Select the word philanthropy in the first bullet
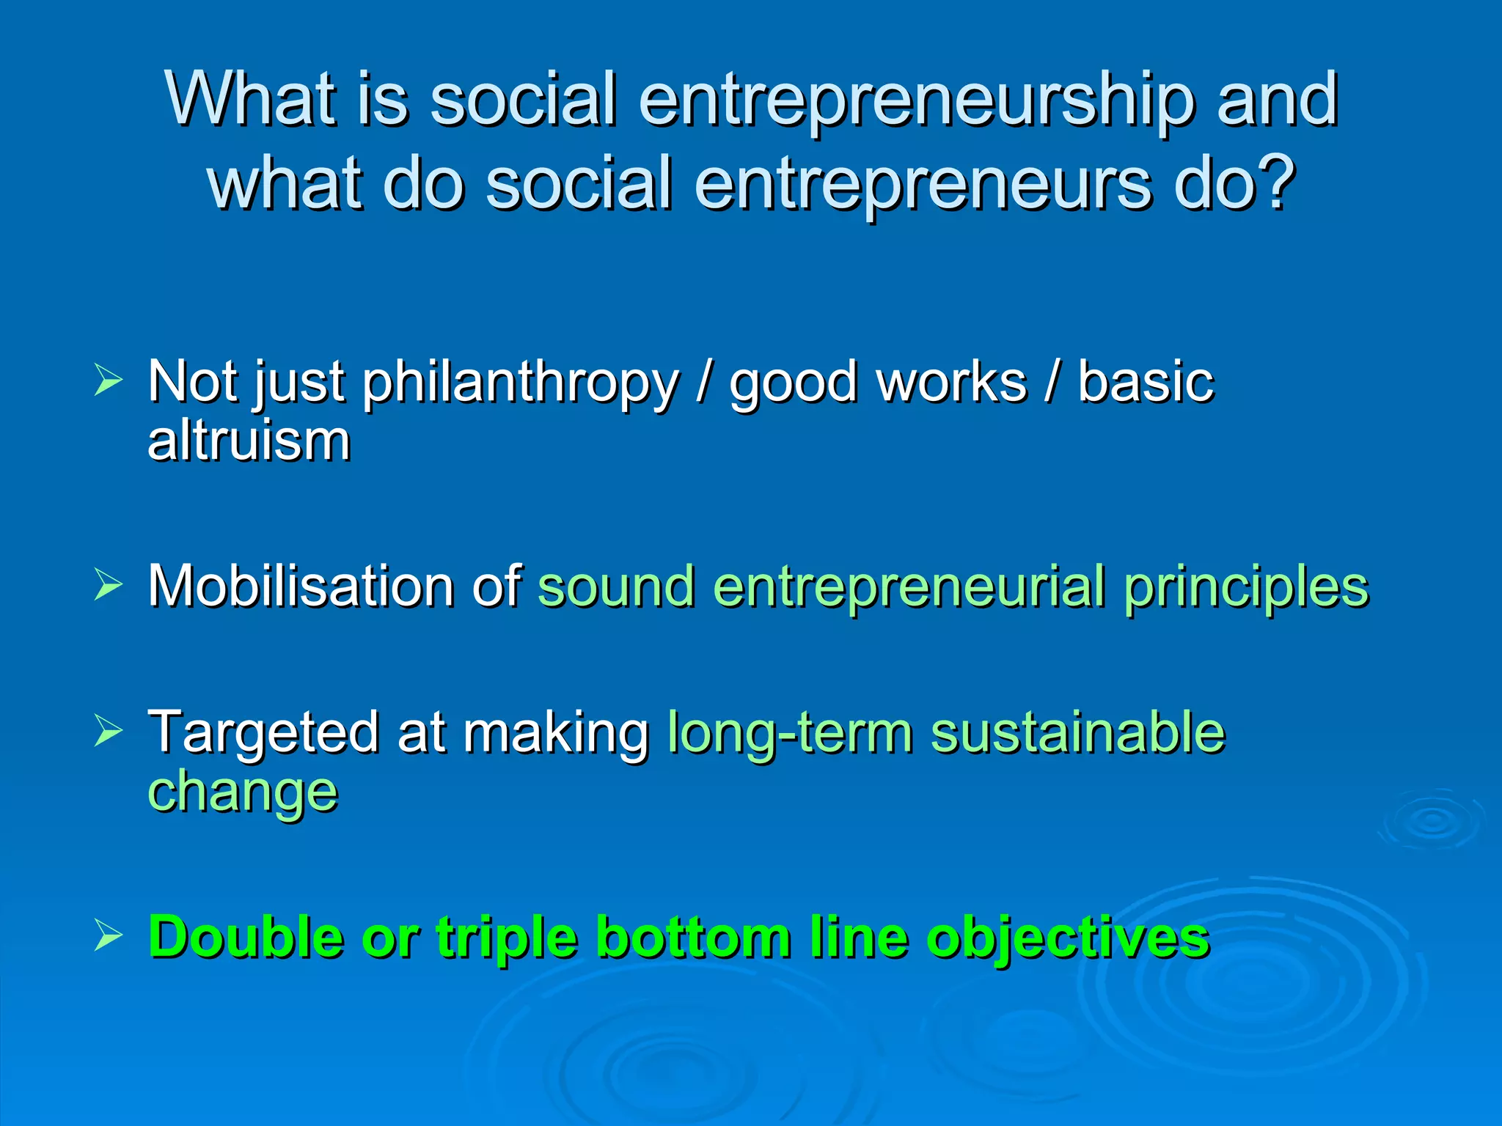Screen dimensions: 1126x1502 point(521,383)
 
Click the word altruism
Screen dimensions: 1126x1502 point(249,441)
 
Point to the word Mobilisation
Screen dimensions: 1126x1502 point(301,586)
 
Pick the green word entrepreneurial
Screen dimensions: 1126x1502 point(909,586)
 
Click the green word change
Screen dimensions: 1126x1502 point(243,792)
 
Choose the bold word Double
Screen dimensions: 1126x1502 point(246,937)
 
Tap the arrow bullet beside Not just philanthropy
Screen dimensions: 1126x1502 point(108,381)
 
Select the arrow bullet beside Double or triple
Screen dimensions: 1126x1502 point(108,936)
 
